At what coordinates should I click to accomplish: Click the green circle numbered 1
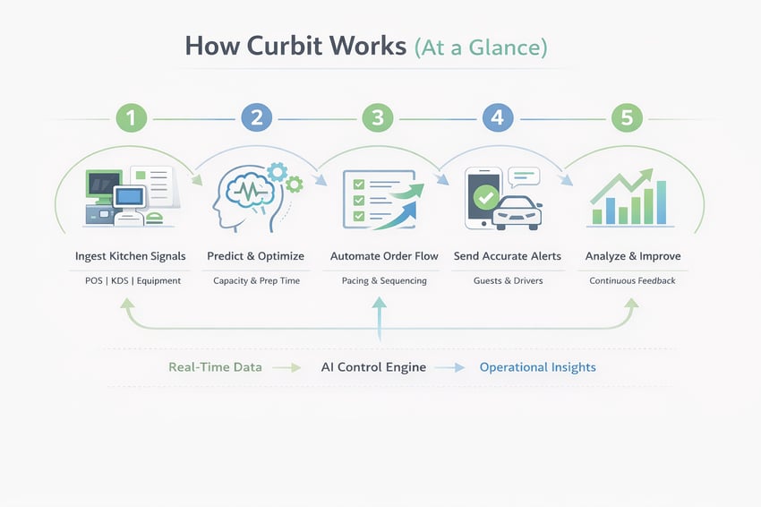(131, 118)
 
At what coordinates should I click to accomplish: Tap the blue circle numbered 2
(256, 118)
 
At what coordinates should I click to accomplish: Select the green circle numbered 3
(378, 118)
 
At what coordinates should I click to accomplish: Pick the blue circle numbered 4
(499, 118)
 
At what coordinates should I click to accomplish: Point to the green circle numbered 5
(626, 118)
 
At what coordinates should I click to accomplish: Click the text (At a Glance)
(481, 47)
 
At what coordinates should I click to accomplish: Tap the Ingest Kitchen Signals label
(131, 256)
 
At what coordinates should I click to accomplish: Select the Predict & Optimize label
(256, 256)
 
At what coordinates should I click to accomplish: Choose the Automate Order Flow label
(384, 256)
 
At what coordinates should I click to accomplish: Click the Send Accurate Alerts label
(508, 256)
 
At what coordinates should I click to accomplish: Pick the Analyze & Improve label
(633, 256)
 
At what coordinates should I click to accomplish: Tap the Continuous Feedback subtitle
(632, 280)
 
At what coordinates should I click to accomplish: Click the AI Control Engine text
(373, 367)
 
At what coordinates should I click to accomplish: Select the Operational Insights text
(537, 367)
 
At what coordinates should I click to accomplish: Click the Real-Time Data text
(215, 367)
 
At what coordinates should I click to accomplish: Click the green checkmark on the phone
(486, 196)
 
